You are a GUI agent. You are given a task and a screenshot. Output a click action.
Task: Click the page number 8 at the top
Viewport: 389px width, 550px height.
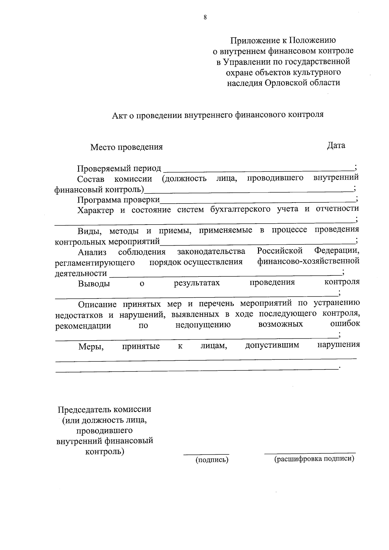tap(205, 18)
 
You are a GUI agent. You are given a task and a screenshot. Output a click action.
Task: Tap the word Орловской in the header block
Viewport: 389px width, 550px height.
tap(285, 83)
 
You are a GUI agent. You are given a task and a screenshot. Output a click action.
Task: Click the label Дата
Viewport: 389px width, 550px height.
tap(336, 146)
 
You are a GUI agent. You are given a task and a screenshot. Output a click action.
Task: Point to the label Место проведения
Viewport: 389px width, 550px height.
tap(126, 147)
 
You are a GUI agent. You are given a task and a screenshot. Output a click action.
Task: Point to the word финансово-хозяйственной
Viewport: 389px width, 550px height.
tap(308, 261)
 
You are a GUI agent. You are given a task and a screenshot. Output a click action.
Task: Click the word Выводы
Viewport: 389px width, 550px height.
tap(94, 284)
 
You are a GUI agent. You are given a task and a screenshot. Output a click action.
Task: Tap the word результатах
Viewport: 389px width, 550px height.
tap(197, 283)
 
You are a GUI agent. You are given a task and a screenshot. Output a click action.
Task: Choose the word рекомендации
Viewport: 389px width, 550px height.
tap(83, 326)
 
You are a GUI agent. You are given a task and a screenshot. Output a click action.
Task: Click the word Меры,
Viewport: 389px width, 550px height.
tap(91, 347)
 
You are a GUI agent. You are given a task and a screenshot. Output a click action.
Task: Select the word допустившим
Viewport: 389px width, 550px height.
tap(272, 345)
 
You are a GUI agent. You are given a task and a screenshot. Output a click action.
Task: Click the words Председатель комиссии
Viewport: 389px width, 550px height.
tap(104, 409)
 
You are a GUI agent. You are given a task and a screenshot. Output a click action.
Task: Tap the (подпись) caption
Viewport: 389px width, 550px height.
tap(212, 460)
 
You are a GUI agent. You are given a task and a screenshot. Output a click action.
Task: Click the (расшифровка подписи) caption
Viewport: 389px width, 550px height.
tap(314, 459)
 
